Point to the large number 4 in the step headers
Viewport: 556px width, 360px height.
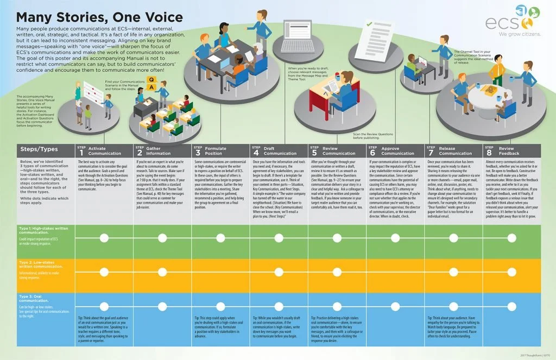pyautogui.click(x=256, y=153)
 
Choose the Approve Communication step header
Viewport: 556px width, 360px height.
pyautogui.click(x=395, y=150)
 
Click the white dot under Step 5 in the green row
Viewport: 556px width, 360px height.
pyautogui.click(x=337, y=237)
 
